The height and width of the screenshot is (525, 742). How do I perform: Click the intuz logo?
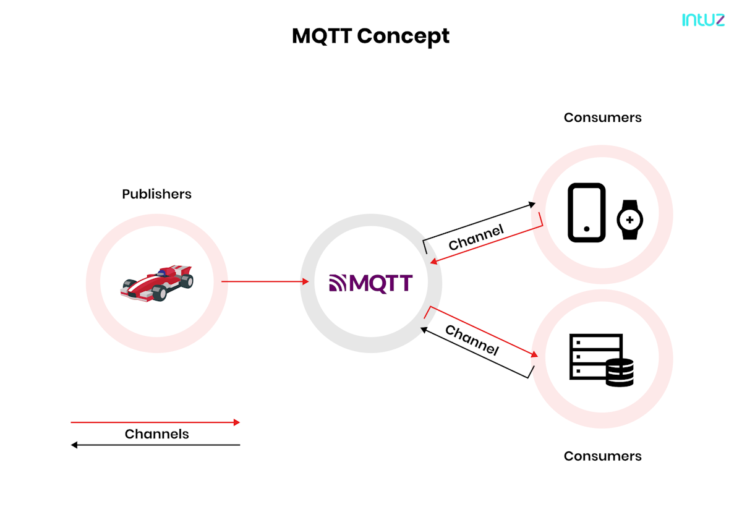click(703, 20)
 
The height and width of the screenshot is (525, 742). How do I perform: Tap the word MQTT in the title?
click(322, 36)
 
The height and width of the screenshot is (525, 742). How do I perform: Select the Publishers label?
click(156, 194)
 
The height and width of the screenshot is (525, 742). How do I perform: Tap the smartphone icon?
click(586, 213)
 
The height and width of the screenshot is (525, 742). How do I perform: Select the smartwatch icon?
click(629, 220)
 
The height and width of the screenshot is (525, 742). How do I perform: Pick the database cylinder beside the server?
click(620, 373)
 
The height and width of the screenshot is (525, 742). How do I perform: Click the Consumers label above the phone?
click(602, 117)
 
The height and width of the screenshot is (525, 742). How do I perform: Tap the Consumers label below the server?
click(602, 456)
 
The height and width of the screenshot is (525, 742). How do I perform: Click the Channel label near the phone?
click(476, 237)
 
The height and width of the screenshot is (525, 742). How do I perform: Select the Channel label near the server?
click(472, 339)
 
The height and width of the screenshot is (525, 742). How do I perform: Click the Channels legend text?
click(156, 434)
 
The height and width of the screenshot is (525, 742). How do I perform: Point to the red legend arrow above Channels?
click(155, 422)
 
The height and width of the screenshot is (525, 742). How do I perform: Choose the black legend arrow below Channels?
click(155, 445)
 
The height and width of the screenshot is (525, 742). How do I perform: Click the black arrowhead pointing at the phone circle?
click(532, 203)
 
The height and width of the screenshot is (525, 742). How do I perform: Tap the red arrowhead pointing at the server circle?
click(534, 355)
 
